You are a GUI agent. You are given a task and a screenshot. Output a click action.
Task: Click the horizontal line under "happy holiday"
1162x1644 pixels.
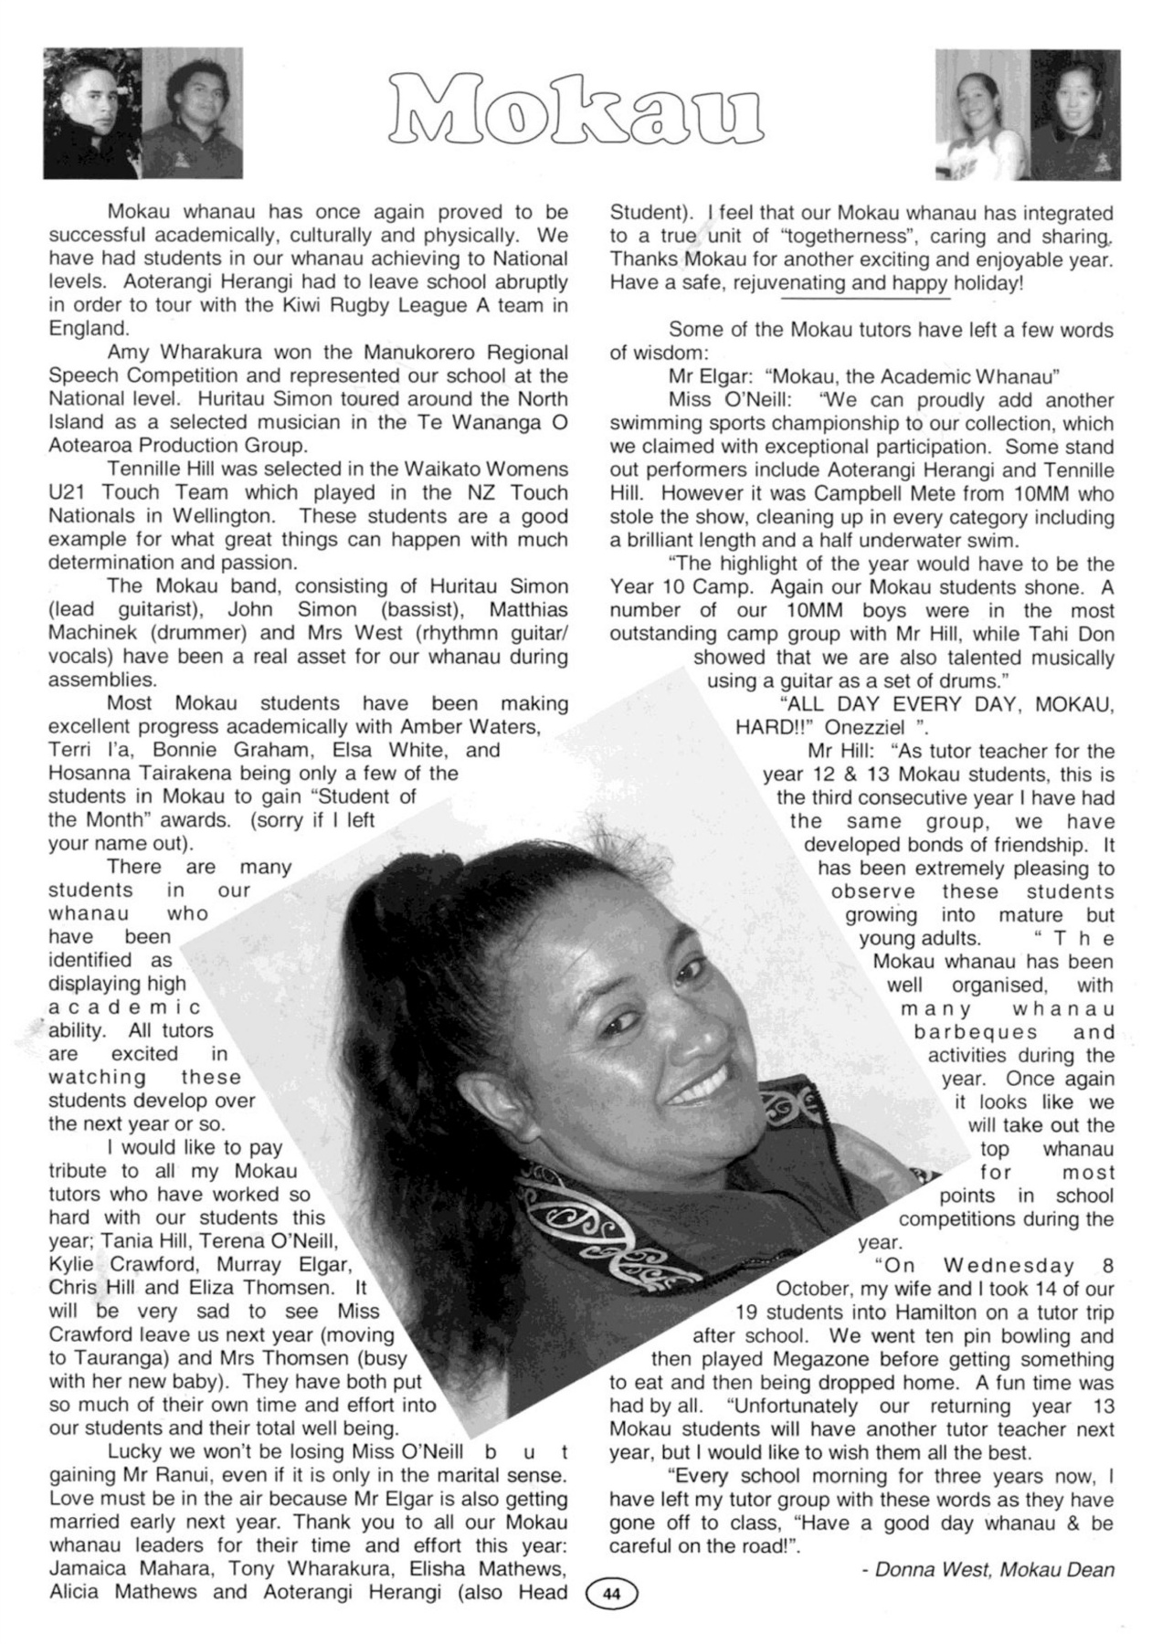tap(866, 298)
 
